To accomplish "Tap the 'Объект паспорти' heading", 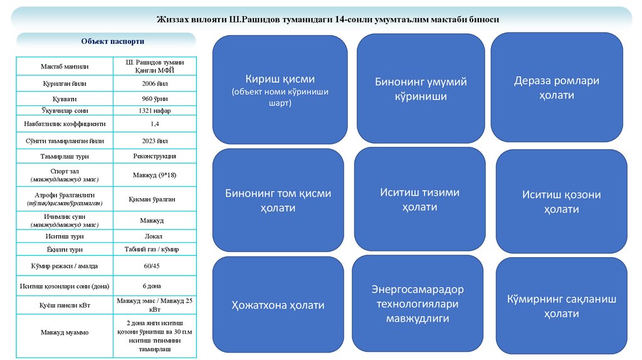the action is pyautogui.click(x=113, y=41).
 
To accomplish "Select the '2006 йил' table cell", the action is pyautogui.click(x=154, y=83).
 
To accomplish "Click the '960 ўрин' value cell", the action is pyautogui.click(x=154, y=98).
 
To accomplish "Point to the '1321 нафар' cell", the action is pyautogui.click(x=154, y=111).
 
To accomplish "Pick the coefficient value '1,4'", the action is pyautogui.click(x=154, y=124).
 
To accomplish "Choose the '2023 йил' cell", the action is pyautogui.click(x=154, y=141).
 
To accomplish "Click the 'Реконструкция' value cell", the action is pyautogui.click(x=154, y=156).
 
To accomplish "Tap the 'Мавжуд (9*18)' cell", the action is pyautogui.click(x=154, y=175).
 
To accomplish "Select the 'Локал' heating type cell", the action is pyautogui.click(x=154, y=236).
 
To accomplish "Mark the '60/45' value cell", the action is pyautogui.click(x=154, y=266).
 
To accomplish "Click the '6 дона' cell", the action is pyautogui.click(x=154, y=286).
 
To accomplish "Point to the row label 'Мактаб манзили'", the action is pyautogui.click(x=65, y=66).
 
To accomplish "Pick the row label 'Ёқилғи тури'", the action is pyautogui.click(x=65, y=250).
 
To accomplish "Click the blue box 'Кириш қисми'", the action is pyautogui.click(x=280, y=90).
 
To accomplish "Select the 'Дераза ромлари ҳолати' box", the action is pyautogui.click(x=556, y=88).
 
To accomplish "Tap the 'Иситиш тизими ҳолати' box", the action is pyautogui.click(x=419, y=199).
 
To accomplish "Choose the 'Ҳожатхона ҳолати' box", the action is pyautogui.click(x=278, y=305).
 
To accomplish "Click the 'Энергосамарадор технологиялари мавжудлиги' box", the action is pyautogui.click(x=417, y=304).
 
